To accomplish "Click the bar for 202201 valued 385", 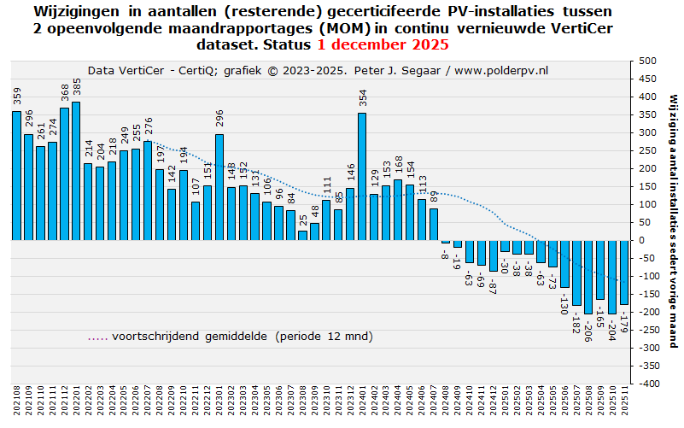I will click(76, 171).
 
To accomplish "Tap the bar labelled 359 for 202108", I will click(16, 176).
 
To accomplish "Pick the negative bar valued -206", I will click(588, 277).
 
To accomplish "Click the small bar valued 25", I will click(302, 236).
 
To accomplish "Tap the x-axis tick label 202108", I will click(16, 402).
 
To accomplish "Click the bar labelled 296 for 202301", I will click(219, 187).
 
